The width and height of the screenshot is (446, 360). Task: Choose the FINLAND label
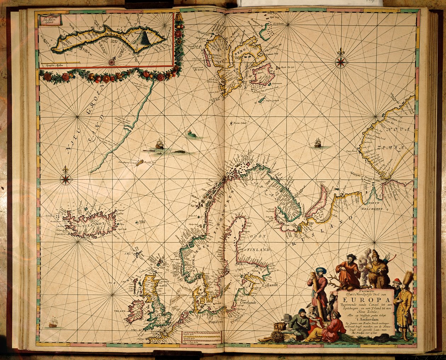pos(258,250)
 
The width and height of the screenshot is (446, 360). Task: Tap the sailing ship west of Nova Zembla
pos(318,143)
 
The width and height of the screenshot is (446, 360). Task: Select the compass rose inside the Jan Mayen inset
pos(112,62)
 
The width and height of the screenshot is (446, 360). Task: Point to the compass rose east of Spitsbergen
pos(341,62)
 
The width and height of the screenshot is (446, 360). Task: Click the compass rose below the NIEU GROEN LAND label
pos(66,179)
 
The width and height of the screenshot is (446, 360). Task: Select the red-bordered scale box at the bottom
pos(202,337)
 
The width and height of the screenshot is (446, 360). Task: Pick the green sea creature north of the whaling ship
pos(192,134)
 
